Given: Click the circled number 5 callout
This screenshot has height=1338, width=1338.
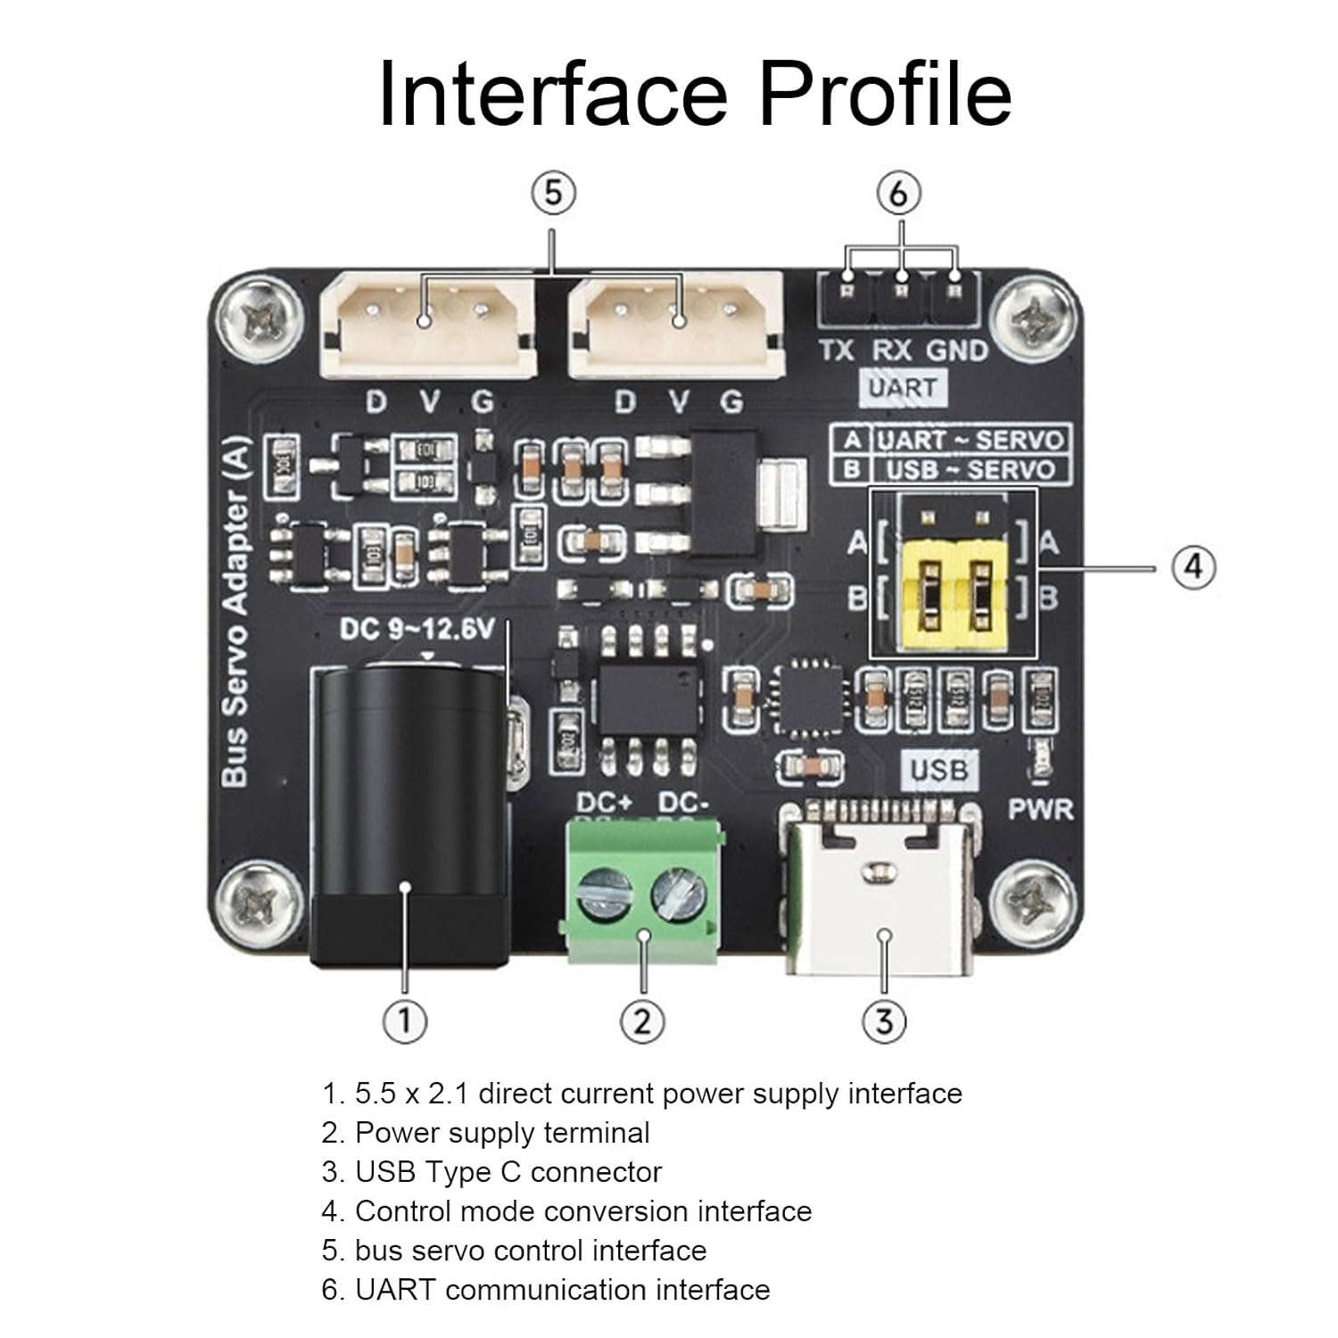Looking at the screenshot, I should click(x=553, y=193).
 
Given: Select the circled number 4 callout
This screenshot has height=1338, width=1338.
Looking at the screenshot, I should click(x=1193, y=566).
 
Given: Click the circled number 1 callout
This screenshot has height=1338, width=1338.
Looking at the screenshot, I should click(x=404, y=1020).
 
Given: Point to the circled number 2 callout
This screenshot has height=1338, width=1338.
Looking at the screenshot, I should click(x=642, y=1020).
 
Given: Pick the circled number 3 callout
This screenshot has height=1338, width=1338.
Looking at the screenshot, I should click(x=883, y=1020).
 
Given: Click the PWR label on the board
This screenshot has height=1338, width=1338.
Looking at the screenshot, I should click(x=1040, y=810).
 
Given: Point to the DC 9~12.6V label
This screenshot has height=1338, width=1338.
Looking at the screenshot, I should click(x=417, y=630).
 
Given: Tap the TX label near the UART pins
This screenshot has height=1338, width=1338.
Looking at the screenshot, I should click(x=837, y=351).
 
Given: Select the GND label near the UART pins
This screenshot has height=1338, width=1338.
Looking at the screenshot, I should click(x=957, y=351).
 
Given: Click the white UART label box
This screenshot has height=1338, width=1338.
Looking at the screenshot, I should click(x=903, y=388).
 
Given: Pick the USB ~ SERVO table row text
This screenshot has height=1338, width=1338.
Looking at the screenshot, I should click(x=970, y=470).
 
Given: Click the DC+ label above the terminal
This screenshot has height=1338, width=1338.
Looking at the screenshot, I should click(x=604, y=802).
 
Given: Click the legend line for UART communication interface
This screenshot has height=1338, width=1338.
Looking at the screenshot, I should click(x=546, y=1289).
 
